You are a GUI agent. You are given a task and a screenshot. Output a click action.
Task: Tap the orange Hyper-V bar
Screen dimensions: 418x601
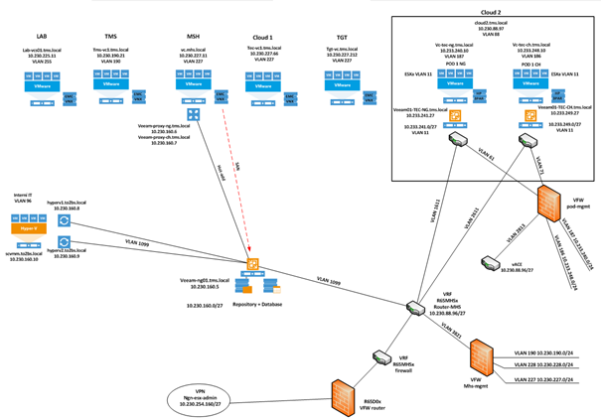[x=30, y=227]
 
